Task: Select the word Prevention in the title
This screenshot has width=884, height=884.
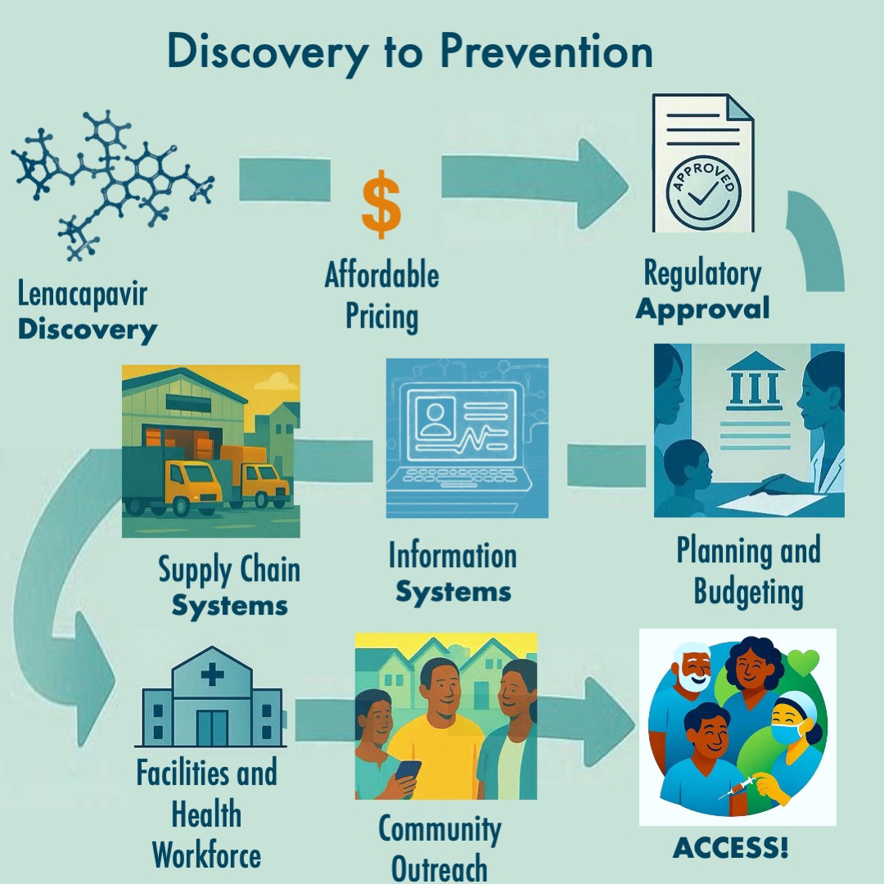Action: [546, 52]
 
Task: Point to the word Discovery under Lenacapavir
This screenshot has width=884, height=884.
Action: [88, 330]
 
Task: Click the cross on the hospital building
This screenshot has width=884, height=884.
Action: [213, 674]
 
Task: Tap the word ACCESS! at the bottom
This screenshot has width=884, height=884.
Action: [730, 850]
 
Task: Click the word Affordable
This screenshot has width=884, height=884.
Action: [381, 276]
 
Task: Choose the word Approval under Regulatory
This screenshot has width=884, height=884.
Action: [703, 309]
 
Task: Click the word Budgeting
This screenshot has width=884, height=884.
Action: [748, 591]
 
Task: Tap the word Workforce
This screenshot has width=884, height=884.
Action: [206, 855]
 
